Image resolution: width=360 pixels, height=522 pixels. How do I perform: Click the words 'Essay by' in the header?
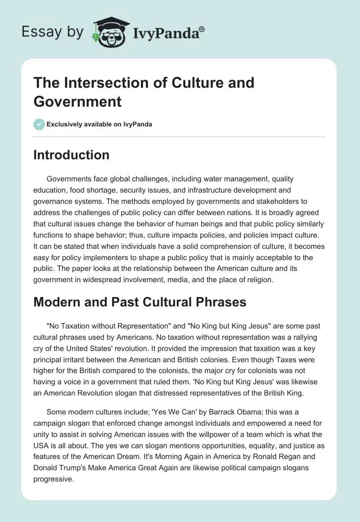click(53, 32)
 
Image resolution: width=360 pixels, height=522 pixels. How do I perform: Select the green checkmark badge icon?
click(39, 124)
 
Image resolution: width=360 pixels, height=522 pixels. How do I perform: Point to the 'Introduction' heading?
click(72, 155)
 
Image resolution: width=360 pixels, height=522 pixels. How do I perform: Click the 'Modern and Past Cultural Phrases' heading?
click(140, 302)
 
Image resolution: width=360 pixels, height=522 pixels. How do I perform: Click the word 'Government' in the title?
click(77, 101)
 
